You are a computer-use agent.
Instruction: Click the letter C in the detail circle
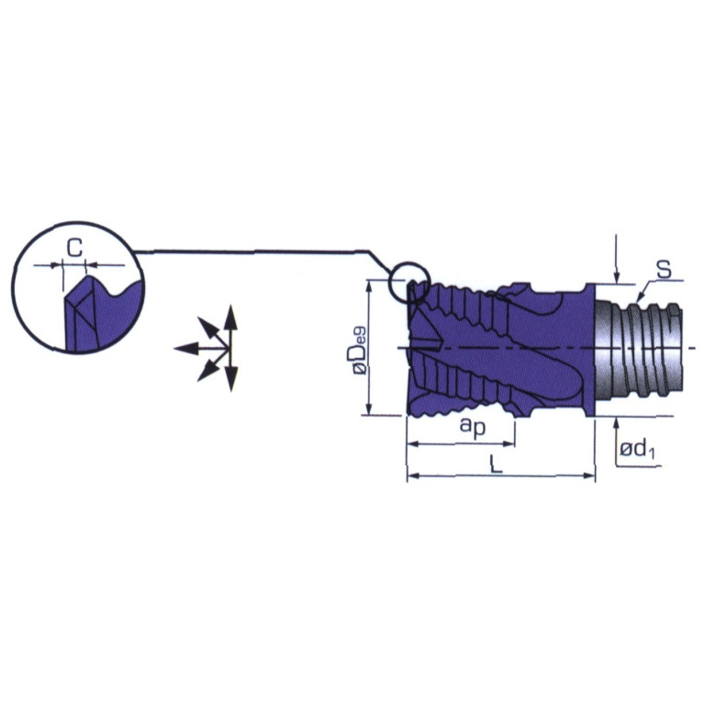click(75, 248)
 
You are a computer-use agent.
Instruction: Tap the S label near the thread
click(664, 269)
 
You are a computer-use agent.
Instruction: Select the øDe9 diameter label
click(360, 351)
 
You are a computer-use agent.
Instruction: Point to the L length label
click(496, 464)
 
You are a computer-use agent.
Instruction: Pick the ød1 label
click(637, 449)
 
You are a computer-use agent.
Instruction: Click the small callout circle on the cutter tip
click(408, 281)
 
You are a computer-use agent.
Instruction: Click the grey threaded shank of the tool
click(639, 349)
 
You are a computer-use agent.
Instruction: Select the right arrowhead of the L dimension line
click(589, 476)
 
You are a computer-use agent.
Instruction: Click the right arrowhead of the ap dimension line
click(508, 444)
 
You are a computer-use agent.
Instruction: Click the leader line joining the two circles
click(256, 251)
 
